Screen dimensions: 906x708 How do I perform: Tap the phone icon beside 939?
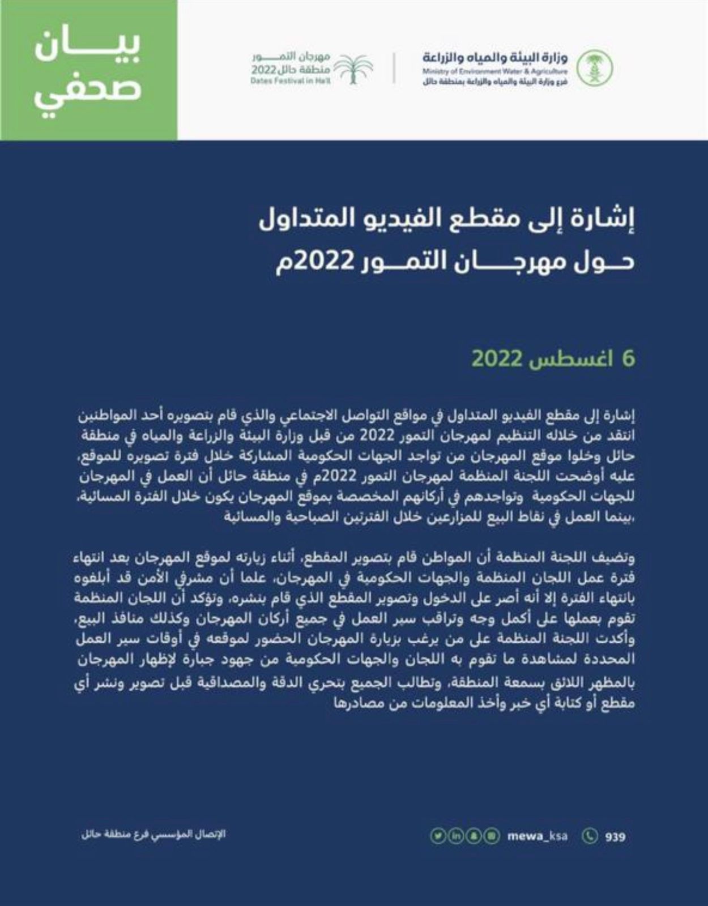tap(590, 836)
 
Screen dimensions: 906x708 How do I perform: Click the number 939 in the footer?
tap(615, 836)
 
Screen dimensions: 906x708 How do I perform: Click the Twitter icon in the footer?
tap(437, 836)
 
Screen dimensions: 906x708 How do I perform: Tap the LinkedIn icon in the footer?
tap(455, 836)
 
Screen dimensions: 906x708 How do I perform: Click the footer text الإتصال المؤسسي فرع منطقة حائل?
tap(153, 835)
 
